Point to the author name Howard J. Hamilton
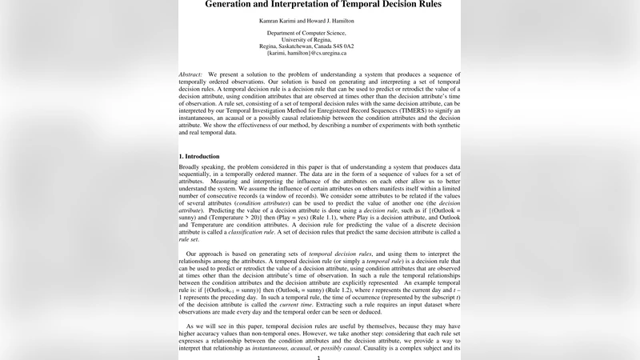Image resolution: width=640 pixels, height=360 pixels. pyautogui.click(x=342, y=21)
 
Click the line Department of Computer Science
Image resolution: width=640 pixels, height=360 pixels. pyautogui.click(x=306, y=34)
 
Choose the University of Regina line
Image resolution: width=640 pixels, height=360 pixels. pyautogui.click(x=306, y=40)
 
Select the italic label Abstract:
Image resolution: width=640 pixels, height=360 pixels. pyautogui.click(x=190, y=74)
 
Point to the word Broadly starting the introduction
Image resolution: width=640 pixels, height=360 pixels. pyautogui.click(x=190, y=166)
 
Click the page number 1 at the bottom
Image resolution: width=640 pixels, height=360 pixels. pyautogui.click(x=319, y=357)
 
